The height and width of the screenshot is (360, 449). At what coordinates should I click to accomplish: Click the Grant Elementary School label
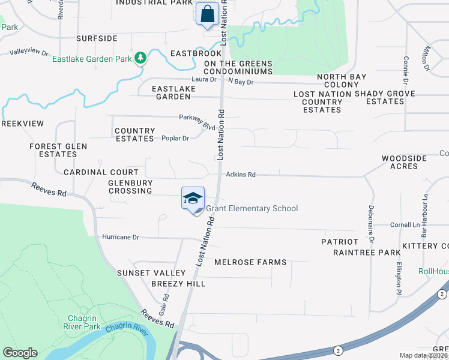coord(252,209)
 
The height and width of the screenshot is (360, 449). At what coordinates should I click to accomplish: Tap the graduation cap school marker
coord(193,199)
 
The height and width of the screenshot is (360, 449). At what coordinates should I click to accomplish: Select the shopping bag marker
coord(207,14)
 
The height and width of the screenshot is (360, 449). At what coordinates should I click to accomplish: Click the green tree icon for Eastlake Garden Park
coord(140,58)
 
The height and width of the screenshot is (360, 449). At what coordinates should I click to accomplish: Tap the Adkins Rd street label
coord(241,175)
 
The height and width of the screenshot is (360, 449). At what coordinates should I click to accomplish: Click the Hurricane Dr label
coord(121,238)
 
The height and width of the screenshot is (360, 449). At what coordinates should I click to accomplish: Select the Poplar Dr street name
coord(175,138)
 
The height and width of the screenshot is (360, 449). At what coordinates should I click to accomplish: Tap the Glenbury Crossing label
coord(130,187)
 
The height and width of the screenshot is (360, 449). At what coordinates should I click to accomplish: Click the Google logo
coord(20,353)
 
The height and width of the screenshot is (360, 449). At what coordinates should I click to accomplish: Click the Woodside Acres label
coord(404,162)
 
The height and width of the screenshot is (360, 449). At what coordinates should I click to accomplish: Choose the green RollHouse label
coord(433,271)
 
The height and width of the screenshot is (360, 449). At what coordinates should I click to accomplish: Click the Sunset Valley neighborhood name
coord(143,273)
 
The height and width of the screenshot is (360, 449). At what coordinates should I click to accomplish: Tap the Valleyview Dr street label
coord(29,53)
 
